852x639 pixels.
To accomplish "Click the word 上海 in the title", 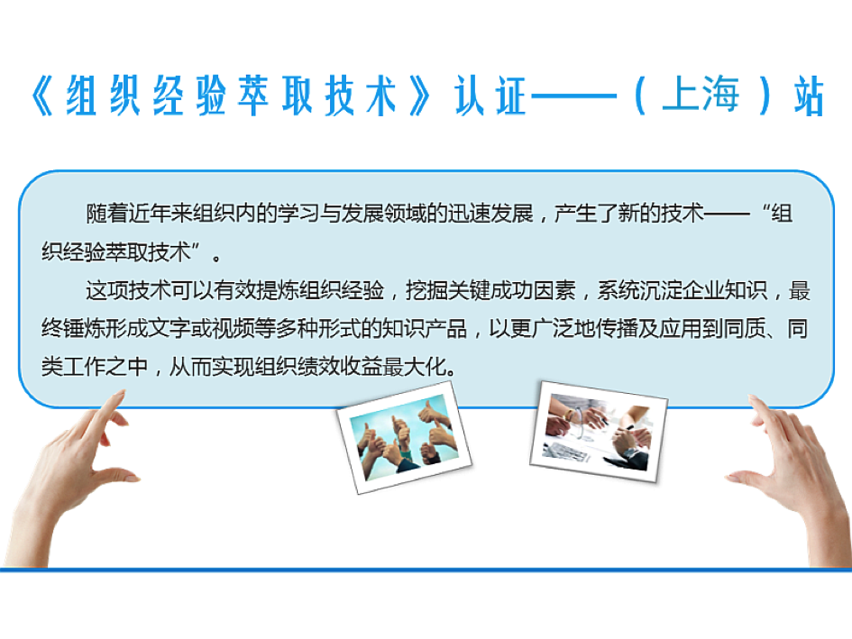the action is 701,95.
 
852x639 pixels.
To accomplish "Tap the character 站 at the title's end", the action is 809,96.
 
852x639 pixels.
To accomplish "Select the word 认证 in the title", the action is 490,96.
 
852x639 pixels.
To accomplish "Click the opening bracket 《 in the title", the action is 43,96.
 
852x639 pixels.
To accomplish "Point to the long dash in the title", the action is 573,96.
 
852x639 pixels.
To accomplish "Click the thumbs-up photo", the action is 404,437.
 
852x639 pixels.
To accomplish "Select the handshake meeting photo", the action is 599,432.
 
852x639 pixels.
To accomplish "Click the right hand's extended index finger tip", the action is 753,398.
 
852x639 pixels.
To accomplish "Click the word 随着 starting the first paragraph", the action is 107,214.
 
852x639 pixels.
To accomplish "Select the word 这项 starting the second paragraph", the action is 106,291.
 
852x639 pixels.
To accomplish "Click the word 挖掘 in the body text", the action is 426,291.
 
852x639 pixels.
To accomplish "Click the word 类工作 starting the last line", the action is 74,367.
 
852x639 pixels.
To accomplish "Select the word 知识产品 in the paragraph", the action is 424,329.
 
